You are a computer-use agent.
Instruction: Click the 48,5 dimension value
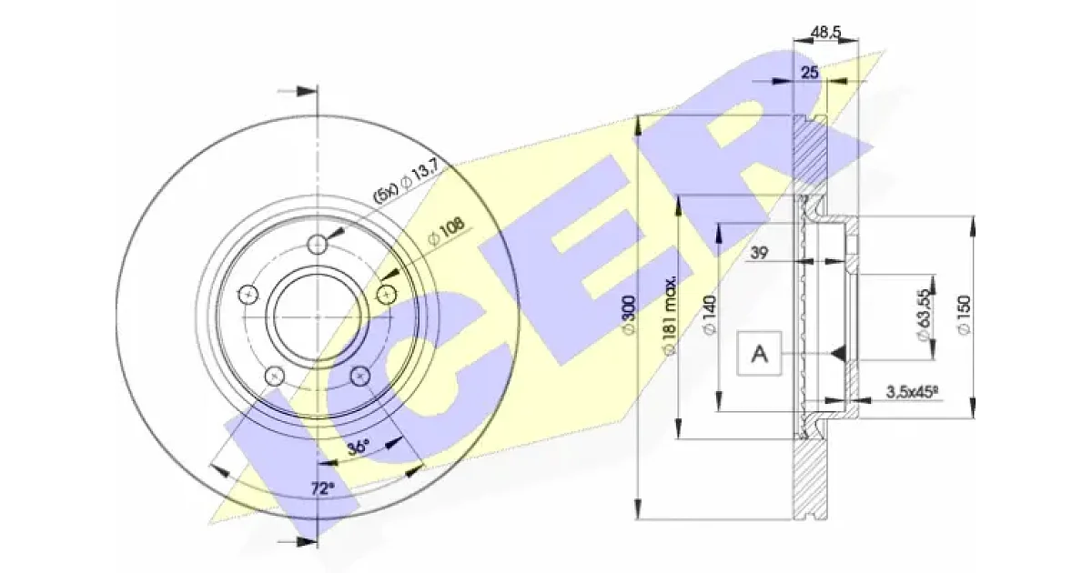tap(826, 33)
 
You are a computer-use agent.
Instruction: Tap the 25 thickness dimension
tap(810, 73)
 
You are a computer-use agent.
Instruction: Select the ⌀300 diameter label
tap(629, 315)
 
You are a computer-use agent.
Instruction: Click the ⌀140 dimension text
tap(710, 315)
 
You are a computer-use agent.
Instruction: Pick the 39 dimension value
tap(759, 253)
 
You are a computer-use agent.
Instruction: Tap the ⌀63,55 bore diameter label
tap(923, 316)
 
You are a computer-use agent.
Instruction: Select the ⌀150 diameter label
tap(964, 315)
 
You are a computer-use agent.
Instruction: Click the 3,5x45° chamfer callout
tap(912, 392)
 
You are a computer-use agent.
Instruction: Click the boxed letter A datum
tap(759, 353)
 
